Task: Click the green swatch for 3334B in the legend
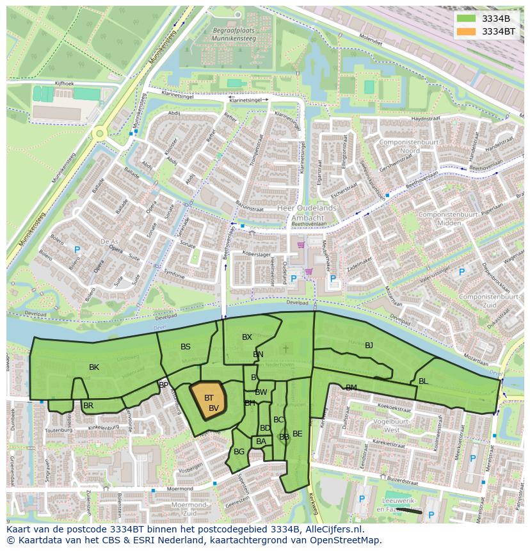click(465, 18)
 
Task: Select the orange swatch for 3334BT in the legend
click(465, 31)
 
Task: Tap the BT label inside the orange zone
click(209, 398)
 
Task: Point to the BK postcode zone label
click(94, 367)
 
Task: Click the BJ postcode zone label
click(369, 346)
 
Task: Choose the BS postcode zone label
click(186, 347)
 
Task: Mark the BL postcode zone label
click(423, 381)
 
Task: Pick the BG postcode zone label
click(239, 452)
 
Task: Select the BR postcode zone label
click(88, 406)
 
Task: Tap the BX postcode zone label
click(247, 337)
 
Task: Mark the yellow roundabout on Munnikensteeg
click(99, 134)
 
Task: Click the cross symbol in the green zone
click(285, 348)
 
